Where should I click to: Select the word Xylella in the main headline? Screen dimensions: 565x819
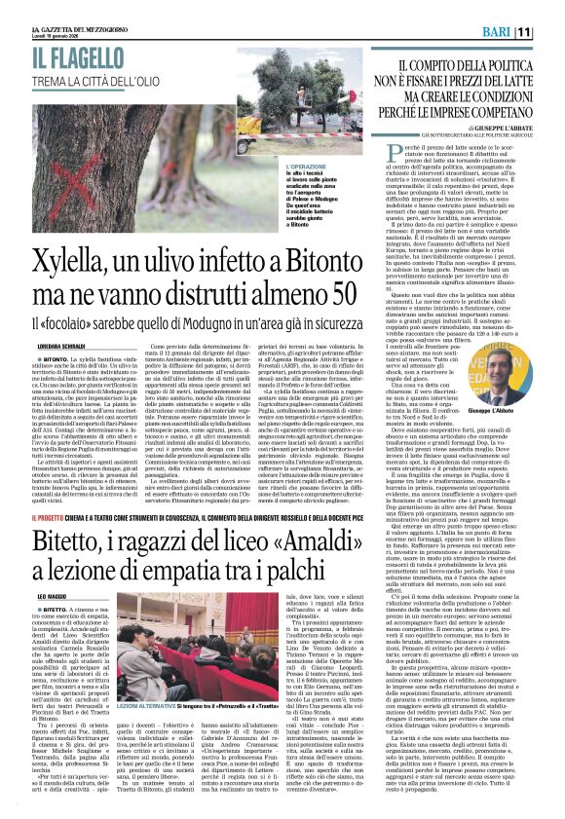click(x=76, y=260)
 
